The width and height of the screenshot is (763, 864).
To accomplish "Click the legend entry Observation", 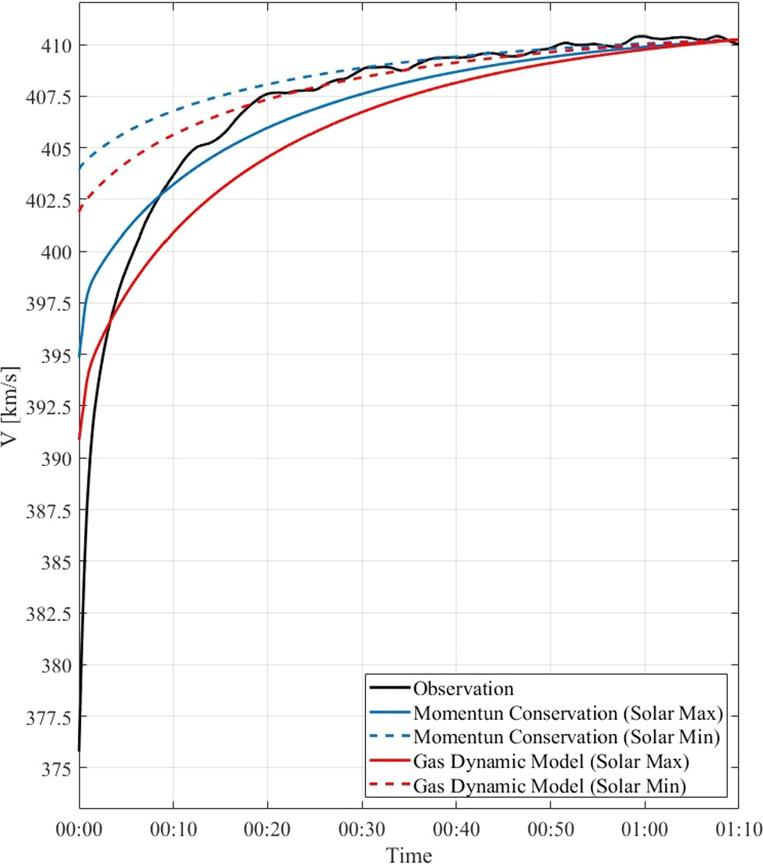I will (464, 688).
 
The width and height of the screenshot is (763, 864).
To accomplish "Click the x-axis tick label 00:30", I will (362, 824).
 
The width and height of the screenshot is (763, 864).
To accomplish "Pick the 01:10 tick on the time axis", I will (739, 824).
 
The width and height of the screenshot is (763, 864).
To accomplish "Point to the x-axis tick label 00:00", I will (79, 824).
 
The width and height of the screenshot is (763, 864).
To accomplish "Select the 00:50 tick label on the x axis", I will (550, 824).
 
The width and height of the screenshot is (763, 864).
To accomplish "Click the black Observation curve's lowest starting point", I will (79, 749).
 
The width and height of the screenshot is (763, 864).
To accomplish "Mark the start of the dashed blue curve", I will (79, 168).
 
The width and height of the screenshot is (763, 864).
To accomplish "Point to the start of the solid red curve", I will (79, 439).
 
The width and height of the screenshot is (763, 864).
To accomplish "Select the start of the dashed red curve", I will (79, 210).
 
